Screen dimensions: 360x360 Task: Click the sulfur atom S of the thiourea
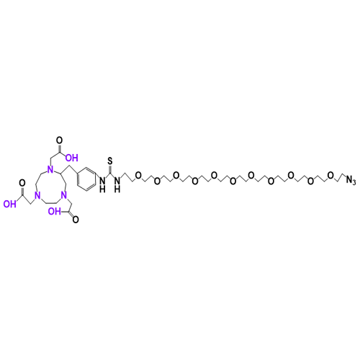(x=110, y=161)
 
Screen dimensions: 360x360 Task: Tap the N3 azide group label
(x=351, y=180)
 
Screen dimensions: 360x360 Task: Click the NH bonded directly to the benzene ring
(x=102, y=184)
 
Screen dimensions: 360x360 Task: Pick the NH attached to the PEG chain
(x=117, y=184)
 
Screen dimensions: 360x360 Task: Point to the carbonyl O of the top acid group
(x=59, y=140)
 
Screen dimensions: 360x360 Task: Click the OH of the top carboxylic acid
(x=72, y=158)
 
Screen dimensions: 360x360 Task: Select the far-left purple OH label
(x=10, y=204)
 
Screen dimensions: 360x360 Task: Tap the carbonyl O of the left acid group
(x=22, y=184)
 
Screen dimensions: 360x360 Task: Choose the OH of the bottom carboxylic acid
(x=54, y=211)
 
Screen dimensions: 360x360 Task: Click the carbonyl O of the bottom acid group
(x=76, y=220)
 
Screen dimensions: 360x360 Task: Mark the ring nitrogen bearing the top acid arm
(x=50, y=170)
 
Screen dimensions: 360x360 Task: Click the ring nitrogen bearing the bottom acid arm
(x=63, y=195)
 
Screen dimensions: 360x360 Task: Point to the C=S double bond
(x=110, y=169)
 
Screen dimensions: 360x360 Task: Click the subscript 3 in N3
(x=354, y=181)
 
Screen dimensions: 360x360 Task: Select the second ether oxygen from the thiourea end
(x=157, y=181)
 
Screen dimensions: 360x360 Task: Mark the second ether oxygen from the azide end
(x=310, y=181)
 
